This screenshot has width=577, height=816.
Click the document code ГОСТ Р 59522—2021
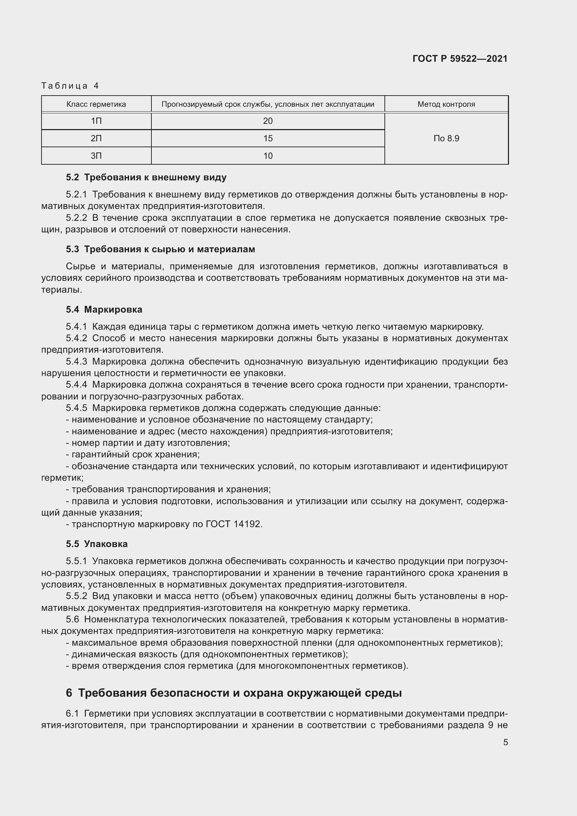coord(460,59)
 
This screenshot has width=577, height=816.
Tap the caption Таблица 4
coord(70,86)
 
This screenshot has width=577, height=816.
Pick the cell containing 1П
coord(96,121)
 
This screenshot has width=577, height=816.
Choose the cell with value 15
coord(268,139)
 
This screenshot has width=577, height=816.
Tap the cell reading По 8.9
coord(446,139)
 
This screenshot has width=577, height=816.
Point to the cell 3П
coord(96,156)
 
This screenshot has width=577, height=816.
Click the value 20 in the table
coord(268,121)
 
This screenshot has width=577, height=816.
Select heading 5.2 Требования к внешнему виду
coord(146,177)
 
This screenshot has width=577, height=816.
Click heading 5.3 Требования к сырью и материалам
coord(160,249)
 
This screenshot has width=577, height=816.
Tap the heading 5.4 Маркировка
coord(104,309)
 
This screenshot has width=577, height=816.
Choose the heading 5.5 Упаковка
coord(97,544)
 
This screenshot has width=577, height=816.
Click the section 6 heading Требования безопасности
coord(234,693)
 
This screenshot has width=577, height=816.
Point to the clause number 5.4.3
coord(76,362)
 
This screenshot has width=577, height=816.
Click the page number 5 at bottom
coord(505,742)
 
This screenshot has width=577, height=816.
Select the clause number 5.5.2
coord(76,596)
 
